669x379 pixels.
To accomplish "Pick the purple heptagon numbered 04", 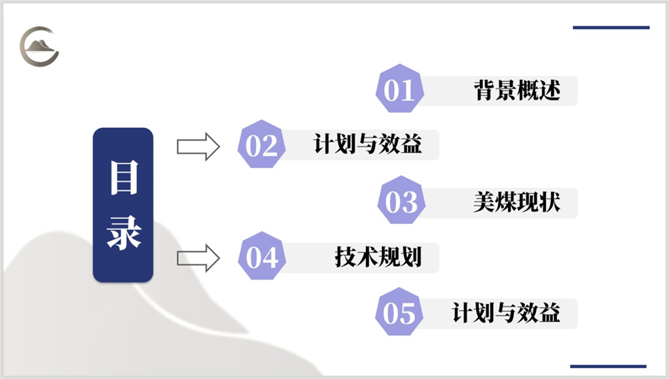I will pos(261,258).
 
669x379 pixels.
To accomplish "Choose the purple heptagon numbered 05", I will pos(399,314).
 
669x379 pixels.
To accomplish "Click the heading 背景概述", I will pos(517,90).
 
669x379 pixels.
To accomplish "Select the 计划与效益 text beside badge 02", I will pos(367,146).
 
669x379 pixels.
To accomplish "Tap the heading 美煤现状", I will pos(517,202).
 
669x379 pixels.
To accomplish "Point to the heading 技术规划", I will pos(378,258).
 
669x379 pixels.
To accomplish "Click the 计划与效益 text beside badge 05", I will pos(506,314).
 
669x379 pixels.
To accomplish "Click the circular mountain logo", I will pos(39,46).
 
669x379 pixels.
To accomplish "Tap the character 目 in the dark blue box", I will pos(124,178).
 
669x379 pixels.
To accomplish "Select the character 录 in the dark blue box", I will pos(124,233).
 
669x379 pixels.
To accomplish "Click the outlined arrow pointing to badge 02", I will pos(198,146).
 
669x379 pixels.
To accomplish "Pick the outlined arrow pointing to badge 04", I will pos(198,258).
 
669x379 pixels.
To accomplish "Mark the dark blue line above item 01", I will pos(611,28).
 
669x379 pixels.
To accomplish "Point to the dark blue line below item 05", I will pos(608,366).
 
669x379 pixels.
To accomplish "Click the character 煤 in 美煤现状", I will pos(506,202).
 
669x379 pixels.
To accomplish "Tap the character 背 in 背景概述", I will pos(484,90).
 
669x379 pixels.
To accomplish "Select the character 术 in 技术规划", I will pos(367,258).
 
